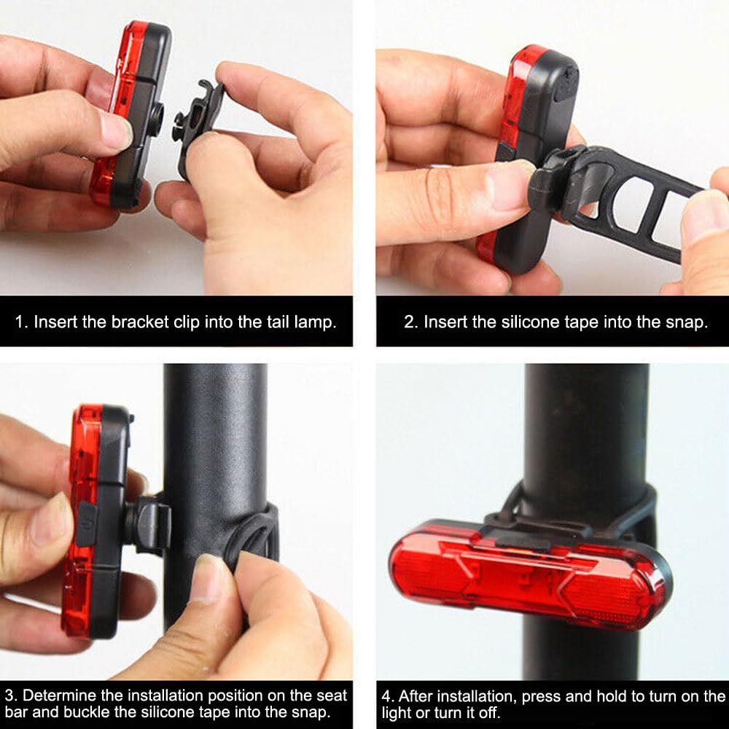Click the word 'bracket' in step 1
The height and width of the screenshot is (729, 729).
point(140,321)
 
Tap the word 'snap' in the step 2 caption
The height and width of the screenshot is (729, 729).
point(686,323)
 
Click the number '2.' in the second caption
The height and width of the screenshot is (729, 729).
point(411,321)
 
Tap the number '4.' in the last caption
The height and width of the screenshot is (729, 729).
point(388,696)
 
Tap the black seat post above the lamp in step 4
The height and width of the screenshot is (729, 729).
point(586,428)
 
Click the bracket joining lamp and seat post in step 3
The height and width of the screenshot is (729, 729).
point(148,525)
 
